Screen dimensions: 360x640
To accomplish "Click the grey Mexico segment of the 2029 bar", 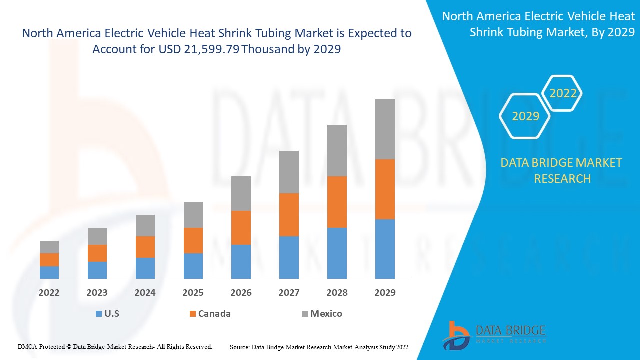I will (x=385, y=129).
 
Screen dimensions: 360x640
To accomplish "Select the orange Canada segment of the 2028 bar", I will (x=337, y=202).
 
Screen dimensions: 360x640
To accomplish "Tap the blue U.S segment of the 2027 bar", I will (x=289, y=257).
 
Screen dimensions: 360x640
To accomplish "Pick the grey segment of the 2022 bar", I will (x=49, y=247).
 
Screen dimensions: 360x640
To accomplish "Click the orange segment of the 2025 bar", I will (x=193, y=240).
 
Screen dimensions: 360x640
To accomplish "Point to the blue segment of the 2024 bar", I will (x=145, y=268).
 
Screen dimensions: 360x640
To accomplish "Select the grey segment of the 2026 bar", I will (x=241, y=193).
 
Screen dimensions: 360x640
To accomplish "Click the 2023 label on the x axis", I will (x=97, y=293).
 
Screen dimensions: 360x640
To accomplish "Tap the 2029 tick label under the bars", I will (x=385, y=293).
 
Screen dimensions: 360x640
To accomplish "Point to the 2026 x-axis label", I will (x=241, y=293).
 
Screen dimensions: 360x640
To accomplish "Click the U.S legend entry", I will (x=107, y=314).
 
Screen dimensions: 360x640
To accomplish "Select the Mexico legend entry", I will (x=322, y=314).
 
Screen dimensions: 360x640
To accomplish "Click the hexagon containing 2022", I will (x=563, y=93).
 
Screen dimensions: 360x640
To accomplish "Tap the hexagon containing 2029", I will (x=525, y=116).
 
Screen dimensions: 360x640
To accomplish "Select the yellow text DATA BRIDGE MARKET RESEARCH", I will (x=562, y=170).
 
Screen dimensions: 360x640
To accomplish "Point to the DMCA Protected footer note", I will (x=115, y=346).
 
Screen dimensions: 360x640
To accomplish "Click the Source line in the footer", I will (x=319, y=347).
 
